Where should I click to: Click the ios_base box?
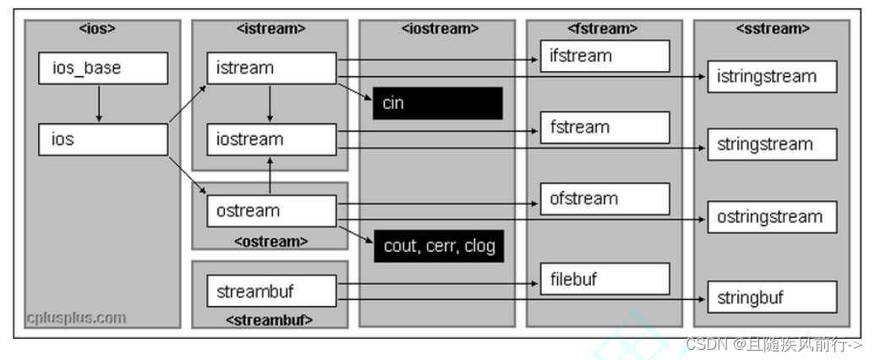tap(102, 68)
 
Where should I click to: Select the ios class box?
tap(102, 139)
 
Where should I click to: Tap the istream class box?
tap(271, 68)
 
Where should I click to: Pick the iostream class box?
tap(271, 139)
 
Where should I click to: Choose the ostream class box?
tap(271, 210)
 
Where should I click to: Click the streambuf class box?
tap(271, 291)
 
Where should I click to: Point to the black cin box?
tap(438, 103)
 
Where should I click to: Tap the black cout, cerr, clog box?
tap(438, 246)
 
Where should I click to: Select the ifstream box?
tap(604, 56)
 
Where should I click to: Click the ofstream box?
tap(604, 199)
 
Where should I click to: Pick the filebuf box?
tap(604, 278)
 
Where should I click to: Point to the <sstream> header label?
tap(772, 29)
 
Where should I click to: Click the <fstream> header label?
tap(604, 29)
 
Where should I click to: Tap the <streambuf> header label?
tap(270, 319)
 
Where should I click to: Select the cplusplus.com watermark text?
tap(75, 318)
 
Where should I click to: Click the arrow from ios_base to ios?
tap(99, 103)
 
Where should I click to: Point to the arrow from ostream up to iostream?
tap(270, 175)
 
